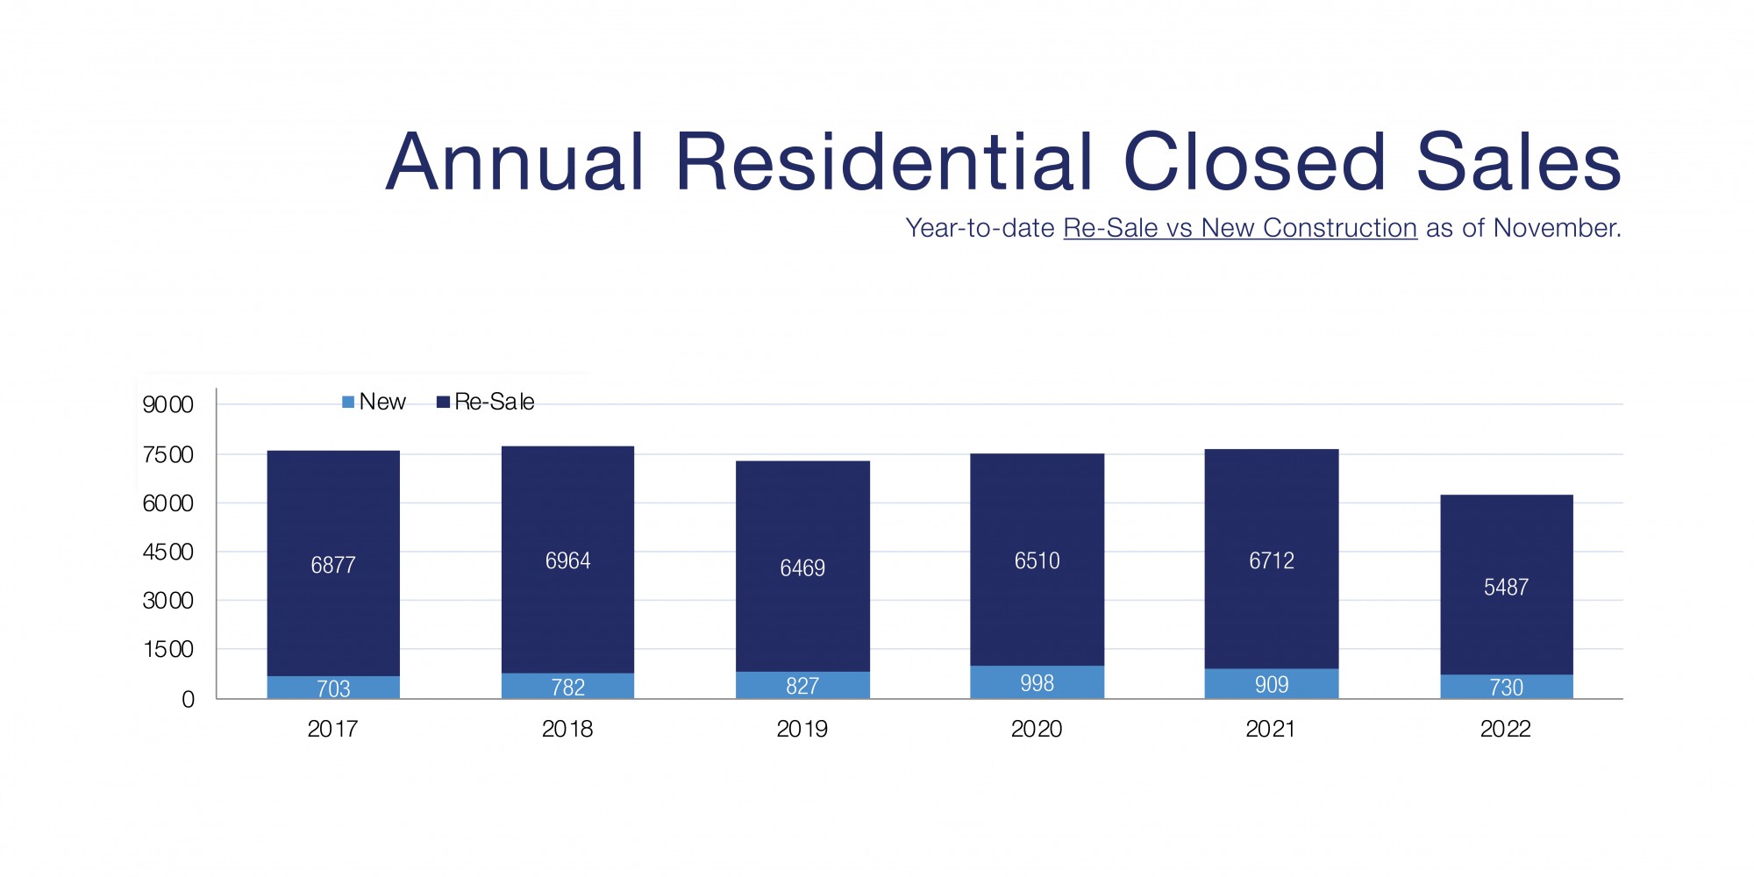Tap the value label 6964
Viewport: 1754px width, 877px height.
click(x=567, y=561)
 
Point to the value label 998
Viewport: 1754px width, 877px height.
click(x=1037, y=683)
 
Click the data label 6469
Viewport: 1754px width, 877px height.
click(x=802, y=568)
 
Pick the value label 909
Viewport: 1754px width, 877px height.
click(x=1271, y=685)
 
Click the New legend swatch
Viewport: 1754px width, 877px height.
click(x=348, y=403)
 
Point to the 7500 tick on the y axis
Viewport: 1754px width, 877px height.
click(x=168, y=455)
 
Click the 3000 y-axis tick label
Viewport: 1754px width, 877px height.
click(x=168, y=601)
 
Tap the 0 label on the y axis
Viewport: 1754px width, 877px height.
click(x=188, y=700)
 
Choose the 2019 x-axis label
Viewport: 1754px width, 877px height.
click(x=802, y=729)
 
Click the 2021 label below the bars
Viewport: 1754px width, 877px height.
click(x=1271, y=729)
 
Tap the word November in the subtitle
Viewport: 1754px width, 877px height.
click(x=1556, y=228)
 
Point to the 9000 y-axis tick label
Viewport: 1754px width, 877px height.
click(x=168, y=405)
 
